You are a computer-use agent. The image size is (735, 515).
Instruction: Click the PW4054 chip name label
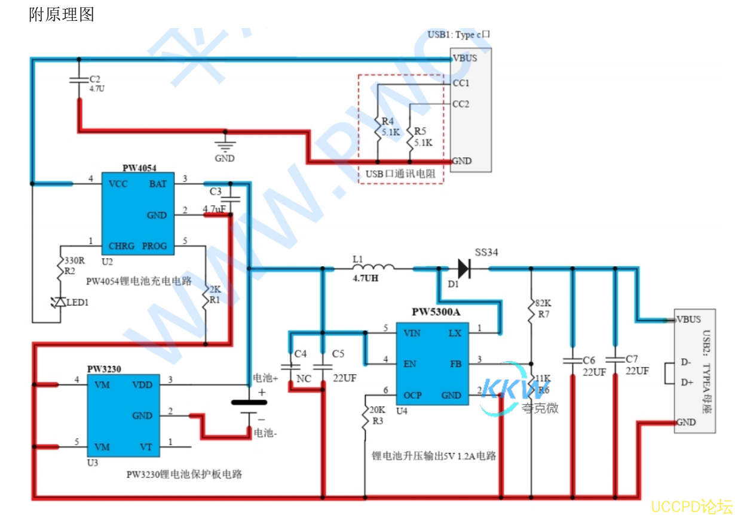tap(139, 168)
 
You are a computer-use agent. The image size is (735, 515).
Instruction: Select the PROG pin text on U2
tap(155, 246)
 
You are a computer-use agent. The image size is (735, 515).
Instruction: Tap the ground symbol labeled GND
tap(225, 143)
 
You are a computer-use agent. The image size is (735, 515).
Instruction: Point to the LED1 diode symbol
tap(60, 303)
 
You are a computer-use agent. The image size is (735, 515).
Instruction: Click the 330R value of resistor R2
tap(74, 261)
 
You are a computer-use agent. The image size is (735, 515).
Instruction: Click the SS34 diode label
tap(487, 253)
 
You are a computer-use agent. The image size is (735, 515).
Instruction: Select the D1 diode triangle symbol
tap(464, 269)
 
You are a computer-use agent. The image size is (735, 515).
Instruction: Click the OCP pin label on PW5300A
tap(413, 395)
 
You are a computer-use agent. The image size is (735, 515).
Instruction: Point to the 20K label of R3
tap(377, 410)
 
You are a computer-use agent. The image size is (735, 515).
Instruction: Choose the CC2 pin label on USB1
tap(460, 104)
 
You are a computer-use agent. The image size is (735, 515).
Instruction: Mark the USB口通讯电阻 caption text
tap(400, 174)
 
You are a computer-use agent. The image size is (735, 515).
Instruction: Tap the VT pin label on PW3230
tap(146, 446)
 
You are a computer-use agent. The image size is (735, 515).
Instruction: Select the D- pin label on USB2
tap(687, 362)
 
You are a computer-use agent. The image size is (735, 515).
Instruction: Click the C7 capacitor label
tap(632, 359)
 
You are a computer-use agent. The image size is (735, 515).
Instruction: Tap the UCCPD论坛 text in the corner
tap(691, 506)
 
